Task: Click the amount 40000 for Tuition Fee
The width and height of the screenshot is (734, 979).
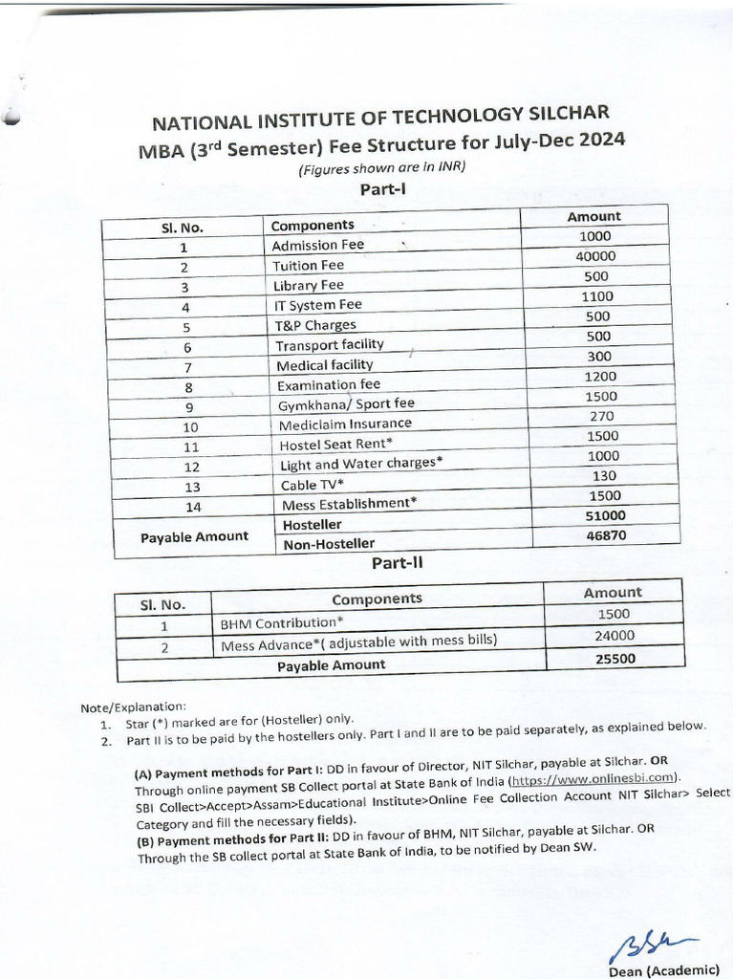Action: click(595, 256)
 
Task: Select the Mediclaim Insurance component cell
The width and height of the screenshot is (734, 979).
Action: click(345, 424)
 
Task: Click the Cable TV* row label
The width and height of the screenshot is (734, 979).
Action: click(313, 485)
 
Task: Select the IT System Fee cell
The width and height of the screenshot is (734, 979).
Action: click(318, 306)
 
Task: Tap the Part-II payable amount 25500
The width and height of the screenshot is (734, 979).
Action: click(615, 658)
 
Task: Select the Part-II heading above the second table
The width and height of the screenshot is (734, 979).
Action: click(397, 563)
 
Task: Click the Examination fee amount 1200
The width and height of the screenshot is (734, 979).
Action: click(599, 377)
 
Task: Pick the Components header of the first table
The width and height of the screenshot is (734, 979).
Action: click(313, 226)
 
